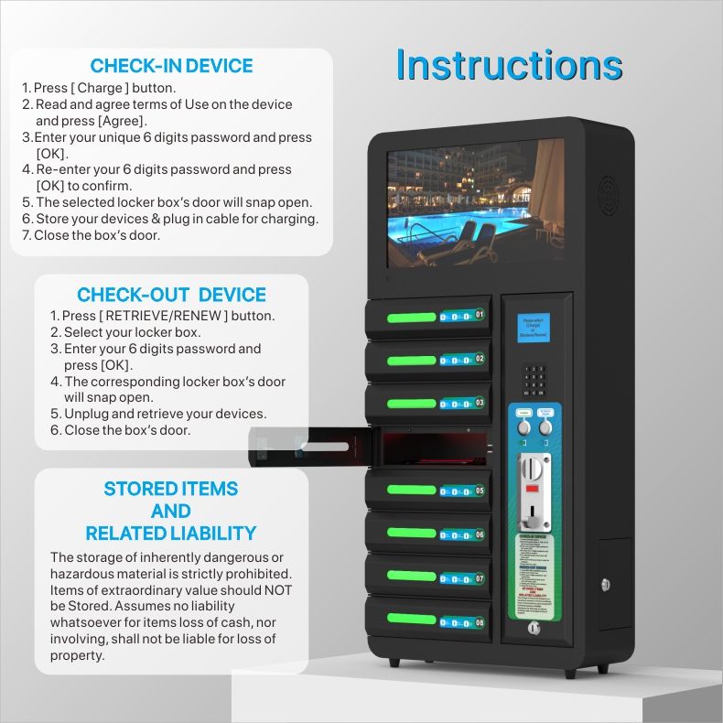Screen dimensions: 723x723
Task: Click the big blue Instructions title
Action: pos(509,65)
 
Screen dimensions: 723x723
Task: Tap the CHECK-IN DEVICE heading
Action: pos(172,66)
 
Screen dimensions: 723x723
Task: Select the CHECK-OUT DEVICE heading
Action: pos(171,295)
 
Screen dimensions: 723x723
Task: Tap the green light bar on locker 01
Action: pos(412,318)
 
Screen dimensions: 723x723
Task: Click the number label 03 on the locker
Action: pos(480,402)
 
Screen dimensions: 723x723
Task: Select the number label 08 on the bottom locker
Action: pos(480,622)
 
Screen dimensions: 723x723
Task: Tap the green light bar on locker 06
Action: pos(412,533)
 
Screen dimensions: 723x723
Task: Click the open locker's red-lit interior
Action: pos(430,448)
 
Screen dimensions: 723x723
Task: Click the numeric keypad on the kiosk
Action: pos(534,378)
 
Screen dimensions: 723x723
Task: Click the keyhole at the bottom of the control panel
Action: pos(534,629)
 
